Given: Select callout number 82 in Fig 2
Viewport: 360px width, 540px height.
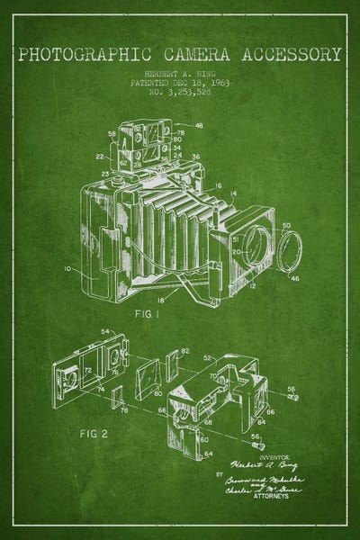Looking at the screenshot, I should [x=185, y=350].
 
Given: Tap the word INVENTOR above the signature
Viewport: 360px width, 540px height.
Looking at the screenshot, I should [x=270, y=456].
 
